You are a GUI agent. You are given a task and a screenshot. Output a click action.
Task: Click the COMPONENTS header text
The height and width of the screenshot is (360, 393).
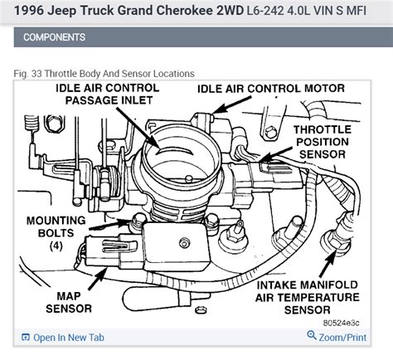pyautogui.click(x=54, y=37)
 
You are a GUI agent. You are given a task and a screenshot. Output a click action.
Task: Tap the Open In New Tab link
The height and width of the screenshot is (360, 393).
pyautogui.click(x=69, y=338)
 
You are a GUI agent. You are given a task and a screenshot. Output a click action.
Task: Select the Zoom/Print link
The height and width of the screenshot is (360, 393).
pyautogui.click(x=342, y=338)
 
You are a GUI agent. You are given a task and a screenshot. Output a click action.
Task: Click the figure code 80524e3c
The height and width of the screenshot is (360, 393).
pyautogui.click(x=341, y=323)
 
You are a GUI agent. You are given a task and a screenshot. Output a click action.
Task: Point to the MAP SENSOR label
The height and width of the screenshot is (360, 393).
pyautogui.click(x=69, y=302)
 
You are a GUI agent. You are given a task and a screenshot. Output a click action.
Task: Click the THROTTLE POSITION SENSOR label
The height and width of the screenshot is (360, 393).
pyautogui.click(x=323, y=142)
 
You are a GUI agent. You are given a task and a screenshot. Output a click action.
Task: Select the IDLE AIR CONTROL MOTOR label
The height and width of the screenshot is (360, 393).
pyautogui.click(x=271, y=89)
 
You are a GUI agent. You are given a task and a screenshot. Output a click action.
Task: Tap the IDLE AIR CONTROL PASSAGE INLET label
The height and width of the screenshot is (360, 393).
pyautogui.click(x=108, y=94)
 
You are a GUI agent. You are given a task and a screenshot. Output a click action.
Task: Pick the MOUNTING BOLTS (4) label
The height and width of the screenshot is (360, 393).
pyautogui.click(x=56, y=233)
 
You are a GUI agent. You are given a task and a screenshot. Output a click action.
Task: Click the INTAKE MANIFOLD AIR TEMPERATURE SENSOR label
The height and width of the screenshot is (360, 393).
pyautogui.click(x=308, y=297)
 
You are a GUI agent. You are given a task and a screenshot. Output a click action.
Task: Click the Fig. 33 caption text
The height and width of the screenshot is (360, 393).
pyautogui.click(x=104, y=74)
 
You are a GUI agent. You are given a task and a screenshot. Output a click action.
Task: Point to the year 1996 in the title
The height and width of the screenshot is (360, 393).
pyautogui.click(x=29, y=11)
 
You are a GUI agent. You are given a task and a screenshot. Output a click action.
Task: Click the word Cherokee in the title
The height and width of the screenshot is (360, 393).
pyautogui.click(x=185, y=11)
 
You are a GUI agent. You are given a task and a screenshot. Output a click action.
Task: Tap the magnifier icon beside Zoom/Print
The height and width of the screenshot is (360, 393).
pyautogui.click(x=312, y=335)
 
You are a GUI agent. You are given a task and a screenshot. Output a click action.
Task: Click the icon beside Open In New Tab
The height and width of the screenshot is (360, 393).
pyautogui.click(x=26, y=337)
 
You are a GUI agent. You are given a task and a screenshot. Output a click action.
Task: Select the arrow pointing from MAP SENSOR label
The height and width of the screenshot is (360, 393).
pyautogui.click(x=98, y=279)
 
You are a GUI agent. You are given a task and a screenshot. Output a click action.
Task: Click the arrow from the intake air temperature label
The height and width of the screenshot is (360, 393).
pyautogui.click(x=327, y=263)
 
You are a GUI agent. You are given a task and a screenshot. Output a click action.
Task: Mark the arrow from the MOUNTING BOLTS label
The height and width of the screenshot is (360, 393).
pyautogui.click(x=109, y=225)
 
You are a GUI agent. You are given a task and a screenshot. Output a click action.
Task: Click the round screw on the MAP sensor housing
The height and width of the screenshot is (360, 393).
pyautogui.click(x=184, y=243)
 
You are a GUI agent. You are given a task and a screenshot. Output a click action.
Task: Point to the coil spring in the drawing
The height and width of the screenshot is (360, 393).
pyautogui.click(x=32, y=123)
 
